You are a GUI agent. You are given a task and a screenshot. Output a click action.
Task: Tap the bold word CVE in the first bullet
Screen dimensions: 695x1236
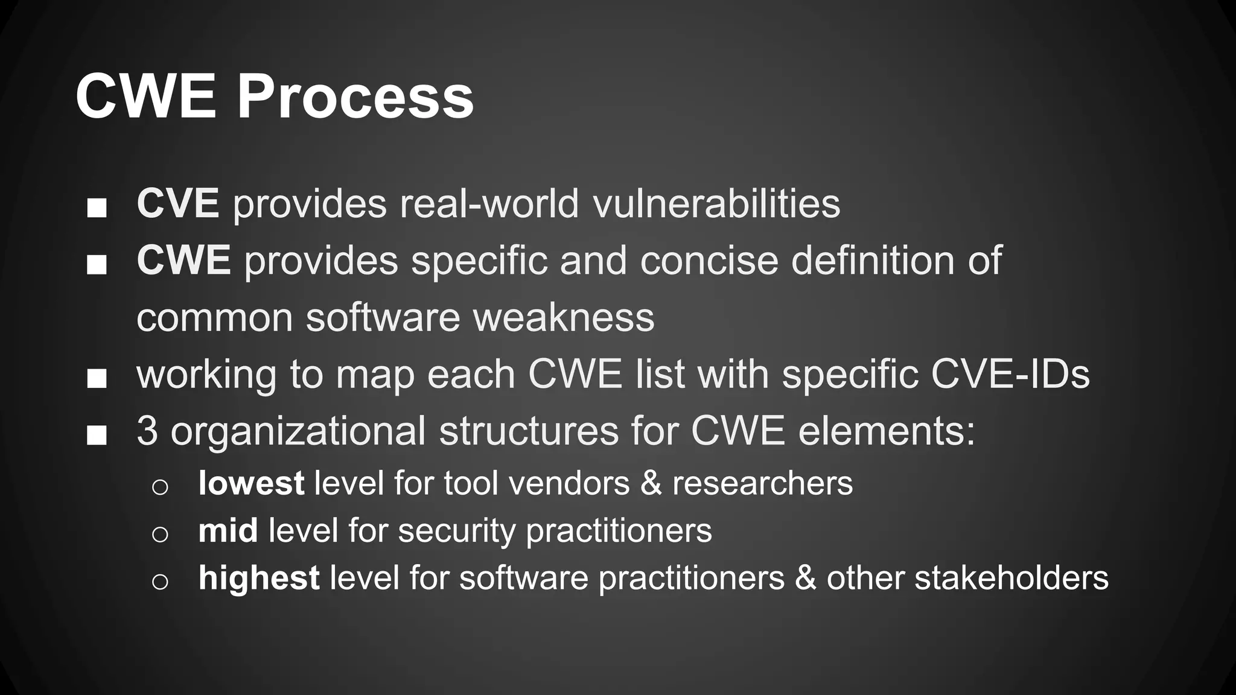tap(177, 203)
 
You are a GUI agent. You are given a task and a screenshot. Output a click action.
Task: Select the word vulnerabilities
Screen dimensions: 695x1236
tap(716, 203)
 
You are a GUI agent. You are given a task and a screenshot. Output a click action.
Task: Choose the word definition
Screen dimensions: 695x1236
tap(873, 261)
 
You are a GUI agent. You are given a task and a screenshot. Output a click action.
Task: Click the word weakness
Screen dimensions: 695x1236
tap(564, 317)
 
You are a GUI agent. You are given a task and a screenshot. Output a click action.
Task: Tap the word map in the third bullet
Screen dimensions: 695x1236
tap(375, 374)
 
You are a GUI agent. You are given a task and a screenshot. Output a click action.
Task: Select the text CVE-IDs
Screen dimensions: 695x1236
tap(1010, 374)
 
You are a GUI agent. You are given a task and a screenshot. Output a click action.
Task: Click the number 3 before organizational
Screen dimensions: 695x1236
tap(147, 431)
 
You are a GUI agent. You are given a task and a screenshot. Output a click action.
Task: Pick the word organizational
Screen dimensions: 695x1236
tap(298, 431)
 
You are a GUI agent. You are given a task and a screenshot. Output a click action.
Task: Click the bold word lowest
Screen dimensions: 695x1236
tap(251, 483)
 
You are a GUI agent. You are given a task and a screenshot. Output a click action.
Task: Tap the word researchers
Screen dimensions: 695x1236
tap(762, 484)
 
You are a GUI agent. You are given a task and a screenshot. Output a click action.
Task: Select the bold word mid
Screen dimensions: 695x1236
tap(228, 530)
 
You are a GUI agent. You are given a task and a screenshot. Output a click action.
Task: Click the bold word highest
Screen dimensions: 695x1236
tap(259, 578)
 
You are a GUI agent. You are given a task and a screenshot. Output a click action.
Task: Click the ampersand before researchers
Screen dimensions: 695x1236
tap(651, 483)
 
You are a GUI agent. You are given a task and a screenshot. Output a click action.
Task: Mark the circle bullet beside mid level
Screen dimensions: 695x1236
tap(160, 534)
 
